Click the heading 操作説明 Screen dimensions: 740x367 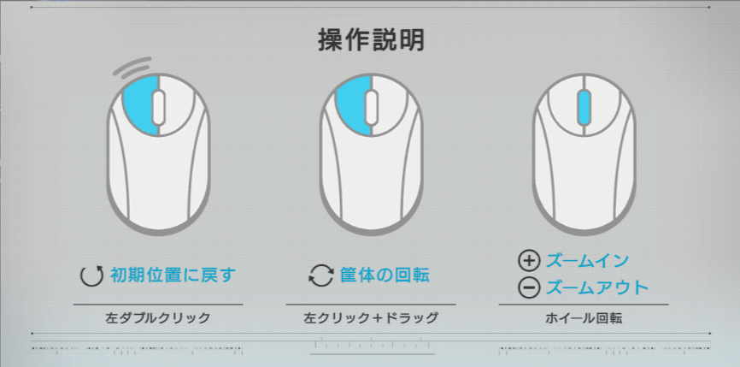tap(372, 40)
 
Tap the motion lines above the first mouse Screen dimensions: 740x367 tap(133, 68)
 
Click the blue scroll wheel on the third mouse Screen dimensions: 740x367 tap(584, 108)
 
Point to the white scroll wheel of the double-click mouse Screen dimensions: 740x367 tap(159, 108)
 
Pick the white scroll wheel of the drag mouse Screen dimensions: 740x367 tap(372, 108)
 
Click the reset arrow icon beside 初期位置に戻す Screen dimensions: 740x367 tap(91, 275)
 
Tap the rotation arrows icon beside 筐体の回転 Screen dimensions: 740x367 tap(321, 275)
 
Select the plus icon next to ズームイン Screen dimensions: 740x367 tap(529, 261)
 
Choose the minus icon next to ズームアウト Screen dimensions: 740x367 tap(529, 288)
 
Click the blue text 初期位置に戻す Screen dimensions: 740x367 tap(173, 275)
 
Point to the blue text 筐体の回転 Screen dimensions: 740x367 tap(385, 275)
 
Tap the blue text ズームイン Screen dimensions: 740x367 tap(587, 261)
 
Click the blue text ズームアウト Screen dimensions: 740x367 tap(597, 287)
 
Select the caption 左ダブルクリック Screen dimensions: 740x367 tap(157, 318)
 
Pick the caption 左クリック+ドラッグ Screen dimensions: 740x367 tap(371, 318)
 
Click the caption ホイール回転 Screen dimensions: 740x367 tap(584, 318)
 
